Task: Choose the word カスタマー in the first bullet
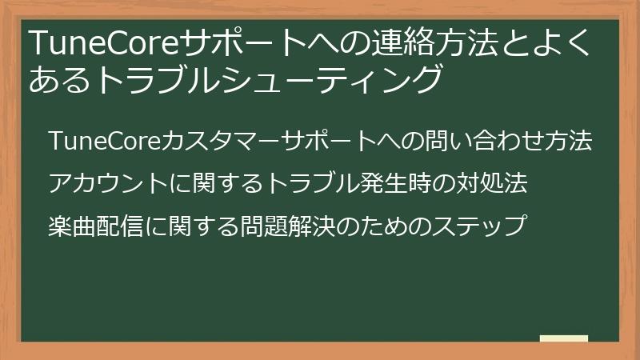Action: (210, 142)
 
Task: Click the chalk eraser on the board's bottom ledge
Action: (564, 338)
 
